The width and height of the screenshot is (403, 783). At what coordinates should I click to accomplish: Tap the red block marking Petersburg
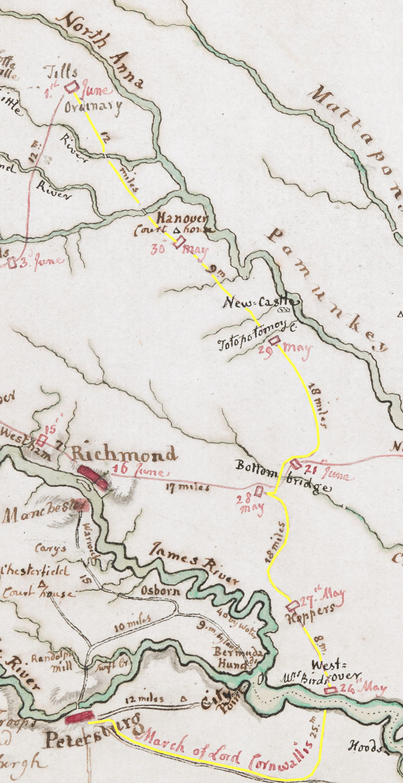[79, 717]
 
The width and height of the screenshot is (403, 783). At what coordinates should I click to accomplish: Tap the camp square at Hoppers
[292, 605]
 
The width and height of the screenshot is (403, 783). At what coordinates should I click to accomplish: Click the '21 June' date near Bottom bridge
[327, 472]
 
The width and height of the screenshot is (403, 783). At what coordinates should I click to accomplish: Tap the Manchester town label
[43, 512]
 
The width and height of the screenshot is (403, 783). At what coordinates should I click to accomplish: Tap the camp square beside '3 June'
[12, 263]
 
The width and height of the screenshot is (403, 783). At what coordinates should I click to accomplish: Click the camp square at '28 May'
[259, 491]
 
